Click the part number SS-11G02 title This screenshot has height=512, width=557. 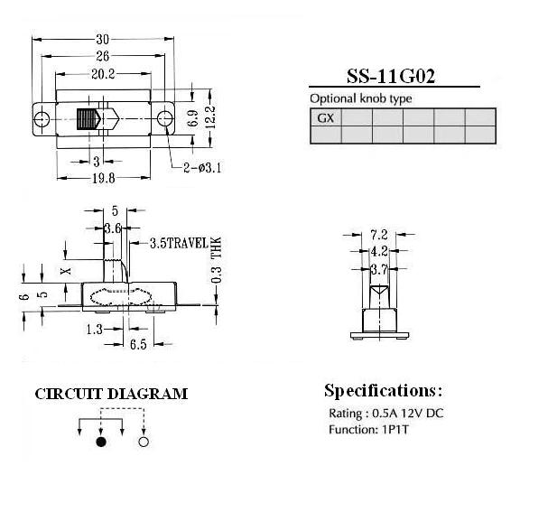390,77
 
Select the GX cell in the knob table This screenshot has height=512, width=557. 325,118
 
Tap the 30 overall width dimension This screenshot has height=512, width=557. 102,39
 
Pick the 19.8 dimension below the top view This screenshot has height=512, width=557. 104,178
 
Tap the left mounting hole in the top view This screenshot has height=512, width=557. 42,118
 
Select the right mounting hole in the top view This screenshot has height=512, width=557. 164,118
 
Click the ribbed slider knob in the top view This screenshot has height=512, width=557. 88,120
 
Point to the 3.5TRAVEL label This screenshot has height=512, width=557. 178,244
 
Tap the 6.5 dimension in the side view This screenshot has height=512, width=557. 138,344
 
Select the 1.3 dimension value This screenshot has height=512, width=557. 94,330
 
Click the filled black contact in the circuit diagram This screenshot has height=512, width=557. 101,442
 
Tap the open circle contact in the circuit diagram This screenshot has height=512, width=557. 143,442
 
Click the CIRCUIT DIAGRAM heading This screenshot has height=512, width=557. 111,394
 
